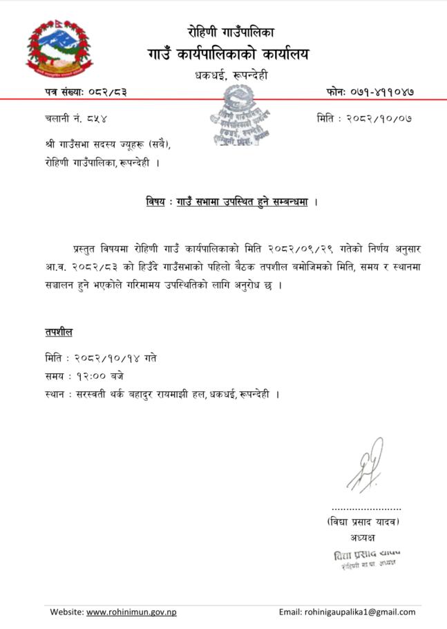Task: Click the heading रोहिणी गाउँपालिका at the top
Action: click(231, 31)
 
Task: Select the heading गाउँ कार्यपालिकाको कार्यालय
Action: click(228, 54)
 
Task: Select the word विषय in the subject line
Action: click(155, 202)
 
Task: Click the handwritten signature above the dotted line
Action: click(365, 466)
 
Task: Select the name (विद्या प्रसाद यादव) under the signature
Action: click(364, 521)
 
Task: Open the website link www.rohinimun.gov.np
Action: click(131, 612)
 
